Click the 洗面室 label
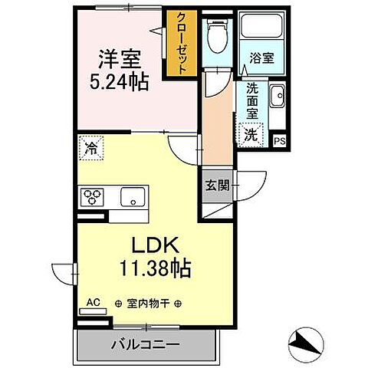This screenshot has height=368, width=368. (251, 100)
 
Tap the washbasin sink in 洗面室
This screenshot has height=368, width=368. (276, 98)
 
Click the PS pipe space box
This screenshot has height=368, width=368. (279, 140)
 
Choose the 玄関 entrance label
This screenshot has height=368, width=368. (215, 186)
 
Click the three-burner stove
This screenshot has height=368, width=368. (94, 196)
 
